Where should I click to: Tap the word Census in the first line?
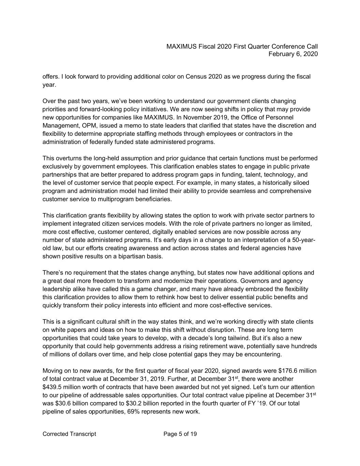[x=196, y=76]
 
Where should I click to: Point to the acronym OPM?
[x=90, y=126]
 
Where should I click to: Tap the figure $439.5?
[x=52, y=387]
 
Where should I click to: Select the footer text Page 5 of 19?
[x=180, y=434]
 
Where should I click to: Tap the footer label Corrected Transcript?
[x=69, y=434]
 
